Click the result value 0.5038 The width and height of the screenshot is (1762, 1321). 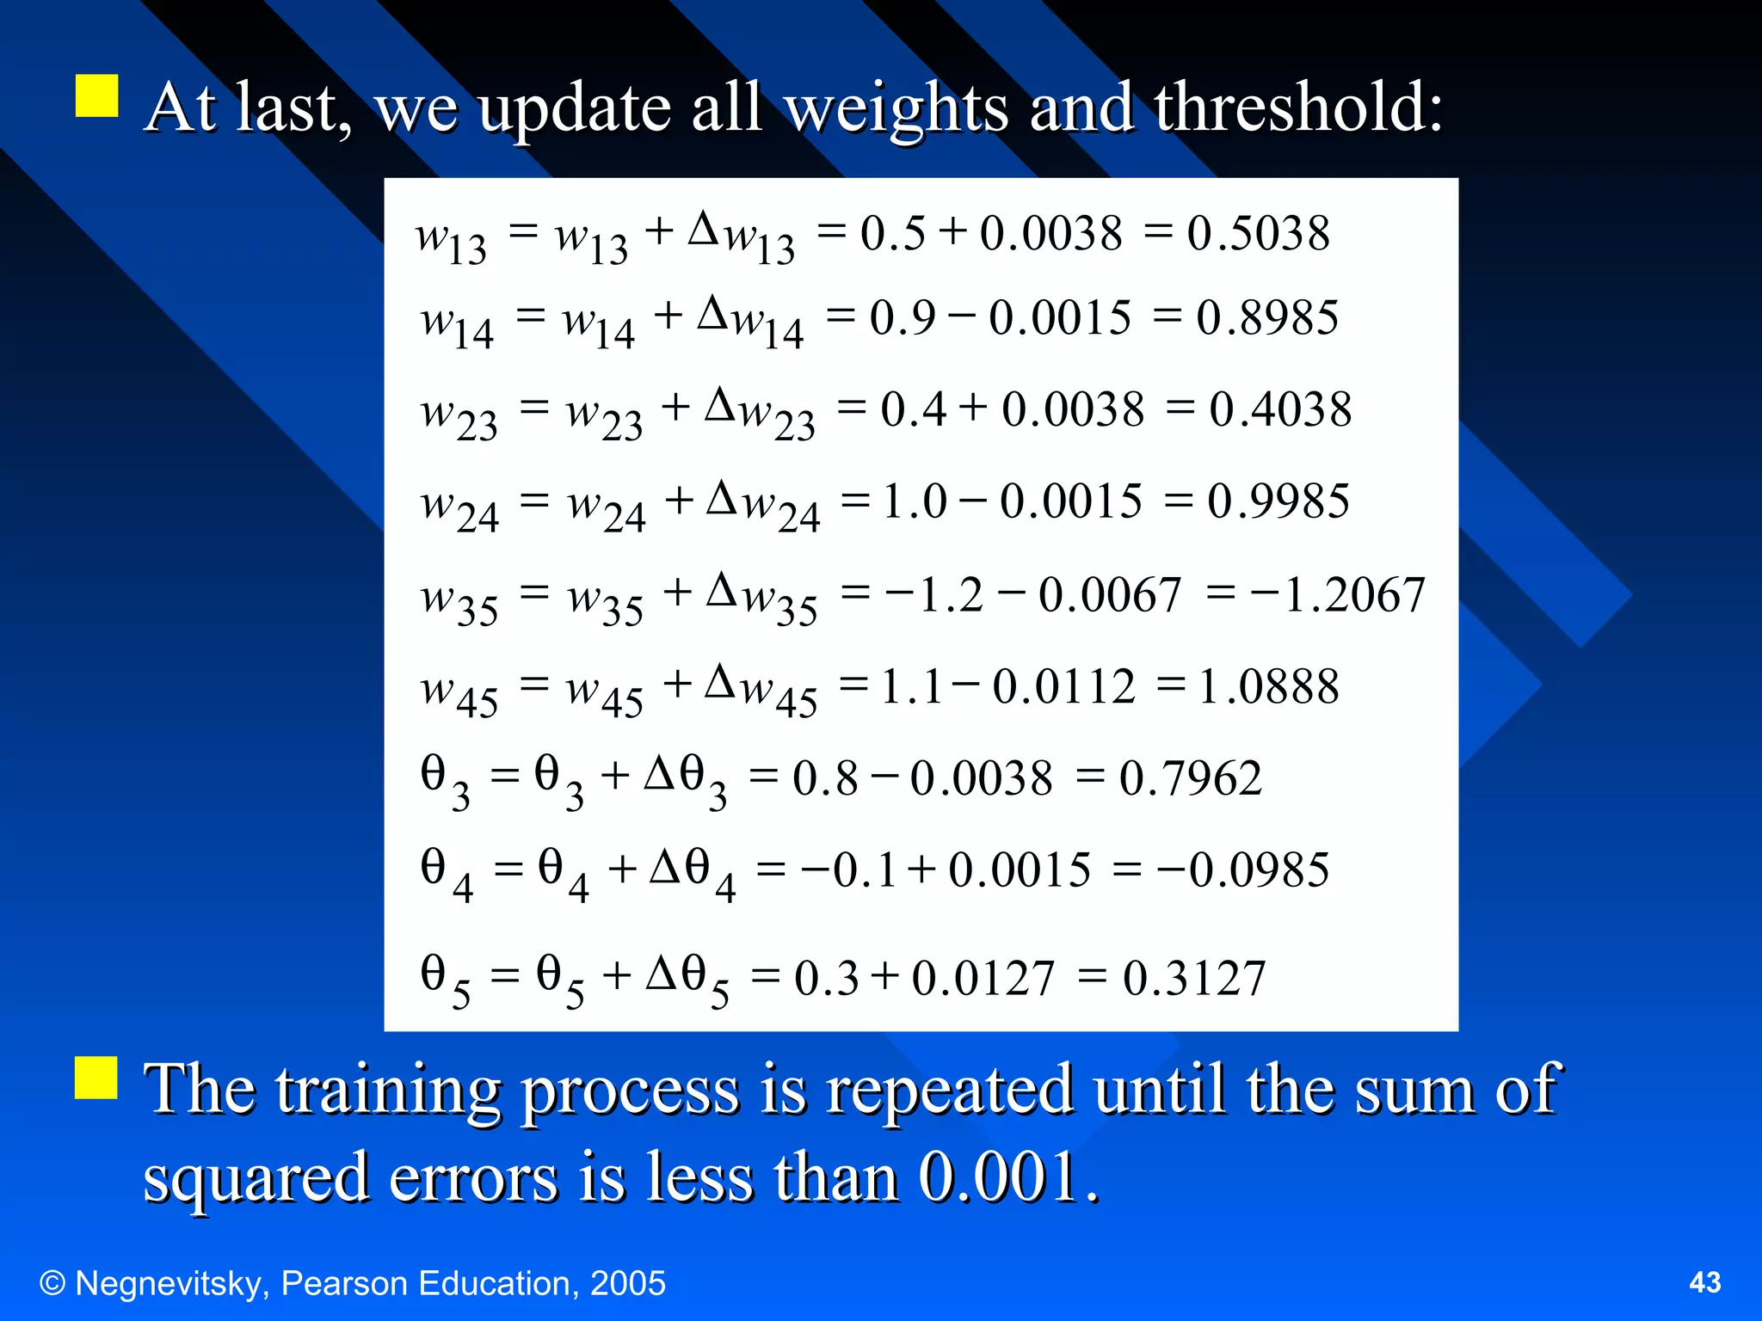(1258, 234)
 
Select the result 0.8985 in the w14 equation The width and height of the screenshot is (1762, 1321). (1266, 318)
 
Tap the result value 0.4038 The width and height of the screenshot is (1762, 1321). (1280, 409)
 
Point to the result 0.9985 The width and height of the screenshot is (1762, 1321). (1278, 501)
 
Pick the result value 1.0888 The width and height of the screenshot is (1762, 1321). (1268, 687)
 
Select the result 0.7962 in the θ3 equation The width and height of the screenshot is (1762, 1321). (1190, 779)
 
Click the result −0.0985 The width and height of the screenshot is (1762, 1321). (1243, 870)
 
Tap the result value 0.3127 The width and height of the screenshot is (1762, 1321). (1194, 979)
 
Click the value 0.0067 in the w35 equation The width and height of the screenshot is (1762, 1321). (1110, 595)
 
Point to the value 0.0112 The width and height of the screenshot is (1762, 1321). (1064, 687)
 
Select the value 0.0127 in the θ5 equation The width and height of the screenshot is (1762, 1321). (983, 979)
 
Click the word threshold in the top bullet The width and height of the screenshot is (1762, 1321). (1297, 108)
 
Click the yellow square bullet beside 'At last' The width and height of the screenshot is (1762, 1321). (96, 95)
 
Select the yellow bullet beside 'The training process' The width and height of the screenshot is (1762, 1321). (95, 1078)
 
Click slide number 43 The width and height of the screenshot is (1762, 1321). (1704, 1282)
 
